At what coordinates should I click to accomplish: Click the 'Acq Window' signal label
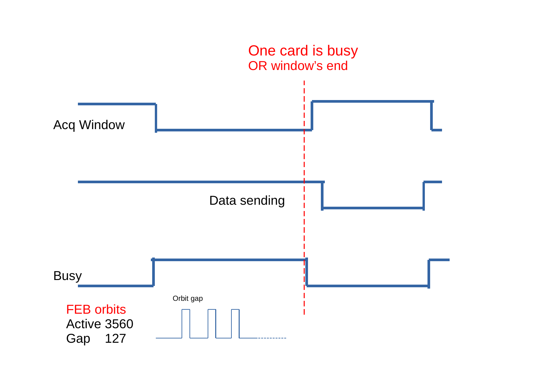(89, 125)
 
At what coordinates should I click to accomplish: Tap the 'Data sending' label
(247, 201)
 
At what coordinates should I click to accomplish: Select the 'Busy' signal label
(67, 276)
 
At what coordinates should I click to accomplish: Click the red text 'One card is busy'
(303, 51)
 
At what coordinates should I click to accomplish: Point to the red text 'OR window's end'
(298, 66)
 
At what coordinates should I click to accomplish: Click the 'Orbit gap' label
(188, 298)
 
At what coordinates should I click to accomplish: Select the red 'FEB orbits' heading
(96, 310)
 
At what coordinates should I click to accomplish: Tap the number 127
(116, 339)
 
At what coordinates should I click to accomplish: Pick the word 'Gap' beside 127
(78, 339)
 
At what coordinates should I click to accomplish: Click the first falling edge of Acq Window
(156, 117)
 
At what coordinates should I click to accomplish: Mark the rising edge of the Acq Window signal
(312, 116)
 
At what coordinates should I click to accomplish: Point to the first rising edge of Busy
(154, 273)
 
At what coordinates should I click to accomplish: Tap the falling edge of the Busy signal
(307, 273)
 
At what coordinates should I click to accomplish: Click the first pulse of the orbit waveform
(186, 323)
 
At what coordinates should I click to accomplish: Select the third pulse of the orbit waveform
(235, 323)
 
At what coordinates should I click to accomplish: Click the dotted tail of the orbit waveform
(272, 338)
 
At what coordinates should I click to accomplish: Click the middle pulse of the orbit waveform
(212, 323)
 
